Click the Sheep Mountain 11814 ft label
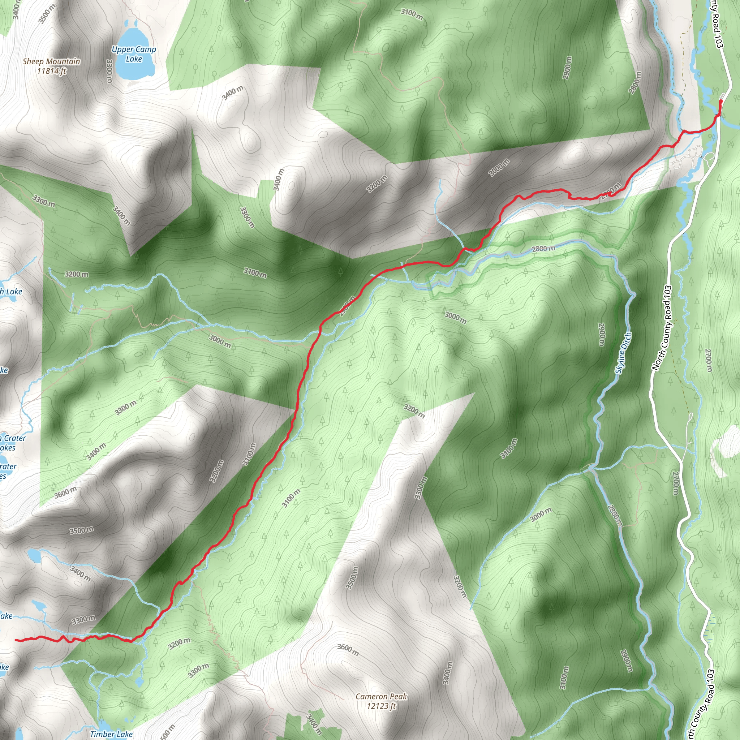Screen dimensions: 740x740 (51, 66)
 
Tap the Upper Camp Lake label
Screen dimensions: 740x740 (134, 54)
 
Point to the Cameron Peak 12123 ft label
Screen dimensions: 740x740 (381, 701)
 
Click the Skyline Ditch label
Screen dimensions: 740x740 (623, 353)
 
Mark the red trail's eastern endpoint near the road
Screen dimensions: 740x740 (721, 102)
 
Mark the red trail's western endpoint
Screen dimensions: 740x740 (16, 640)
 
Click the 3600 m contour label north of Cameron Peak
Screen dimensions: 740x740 (348, 650)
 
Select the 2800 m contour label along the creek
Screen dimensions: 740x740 (543, 249)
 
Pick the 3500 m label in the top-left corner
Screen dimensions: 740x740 (47, 13)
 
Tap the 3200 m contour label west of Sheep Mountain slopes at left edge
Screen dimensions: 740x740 (76, 274)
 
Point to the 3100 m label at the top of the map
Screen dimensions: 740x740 (412, 14)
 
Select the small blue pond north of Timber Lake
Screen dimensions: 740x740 (139, 682)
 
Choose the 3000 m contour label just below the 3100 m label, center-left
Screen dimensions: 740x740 (220, 341)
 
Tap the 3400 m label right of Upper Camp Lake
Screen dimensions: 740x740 (232, 93)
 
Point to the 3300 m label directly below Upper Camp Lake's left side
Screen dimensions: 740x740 (109, 70)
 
